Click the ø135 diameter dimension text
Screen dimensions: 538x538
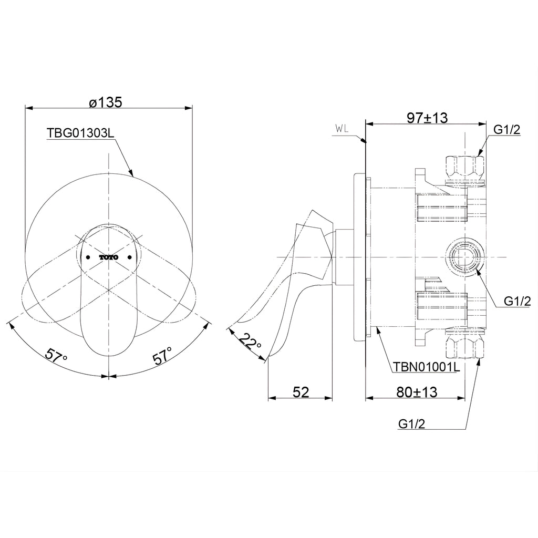105,102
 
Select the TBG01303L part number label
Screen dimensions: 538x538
80,133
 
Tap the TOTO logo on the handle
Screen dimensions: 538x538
109,257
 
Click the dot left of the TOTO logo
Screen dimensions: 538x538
88,257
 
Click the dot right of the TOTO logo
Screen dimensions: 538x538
130,257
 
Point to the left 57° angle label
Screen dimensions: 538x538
56,354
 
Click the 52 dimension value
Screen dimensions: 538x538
301,392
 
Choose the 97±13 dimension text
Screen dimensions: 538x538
427,118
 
